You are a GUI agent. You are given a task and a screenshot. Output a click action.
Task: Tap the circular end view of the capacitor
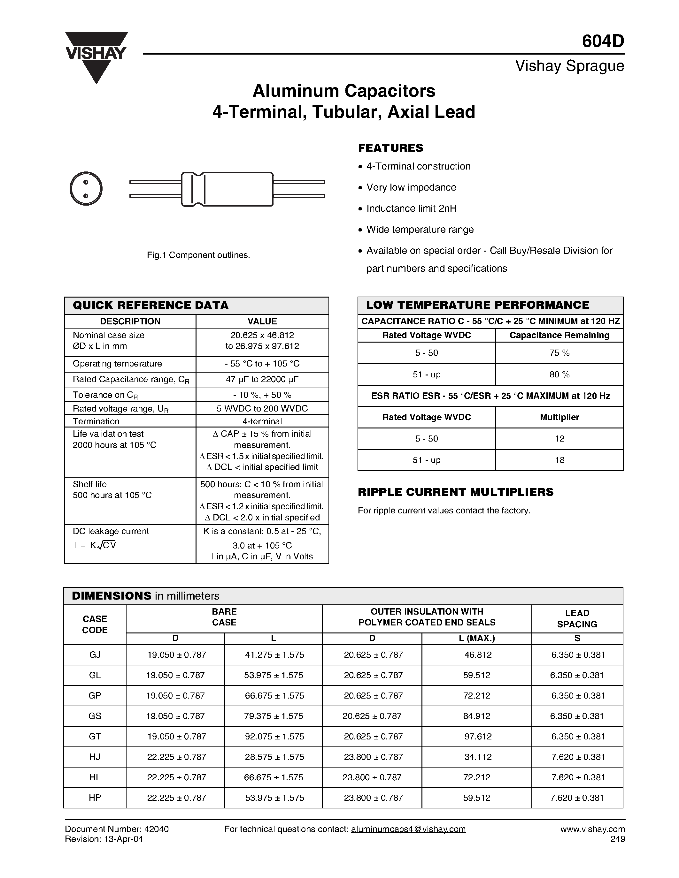click(86, 189)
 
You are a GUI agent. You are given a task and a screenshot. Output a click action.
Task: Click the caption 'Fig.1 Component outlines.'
click(198, 255)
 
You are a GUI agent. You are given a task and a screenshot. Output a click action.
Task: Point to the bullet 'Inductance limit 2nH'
click(411, 208)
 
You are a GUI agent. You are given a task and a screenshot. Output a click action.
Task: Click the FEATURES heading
click(390, 148)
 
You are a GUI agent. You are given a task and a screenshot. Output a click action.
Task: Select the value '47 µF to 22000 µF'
click(262, 379)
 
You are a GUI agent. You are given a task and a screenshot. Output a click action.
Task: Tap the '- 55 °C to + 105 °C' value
click(262, 363)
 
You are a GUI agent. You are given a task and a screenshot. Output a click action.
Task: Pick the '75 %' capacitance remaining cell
click(559, 352)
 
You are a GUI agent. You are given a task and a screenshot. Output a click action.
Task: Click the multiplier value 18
click(559, 460)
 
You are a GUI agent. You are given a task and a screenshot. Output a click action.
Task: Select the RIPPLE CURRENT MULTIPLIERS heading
click(455, 492)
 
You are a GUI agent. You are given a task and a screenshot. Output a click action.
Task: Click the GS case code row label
click(95, 716)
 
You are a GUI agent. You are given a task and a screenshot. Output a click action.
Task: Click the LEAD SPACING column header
click(577, 618)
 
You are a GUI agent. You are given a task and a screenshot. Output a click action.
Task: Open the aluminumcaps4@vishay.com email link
click(408, 829)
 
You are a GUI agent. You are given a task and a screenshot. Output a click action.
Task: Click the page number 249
click(617, 839)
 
